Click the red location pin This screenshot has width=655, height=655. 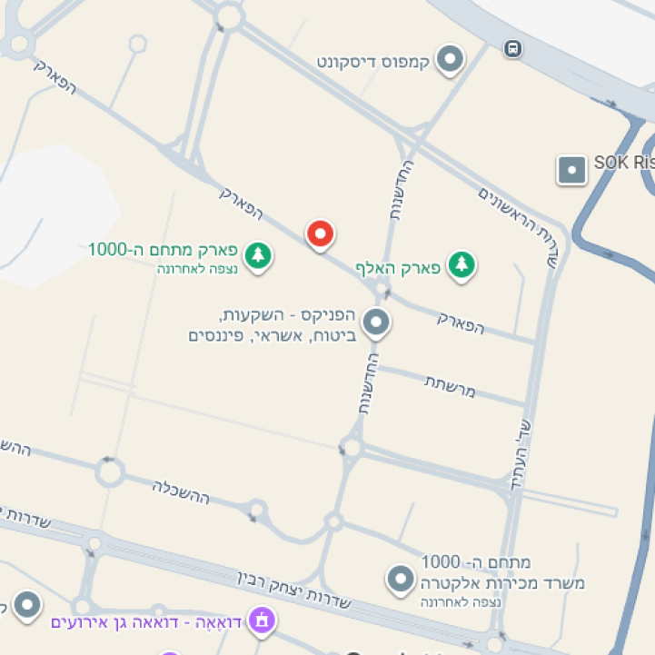click(x=320, y=234)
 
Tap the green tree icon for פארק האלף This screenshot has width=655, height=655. click(x=463, y=264)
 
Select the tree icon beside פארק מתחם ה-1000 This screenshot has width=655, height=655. click(x=259, y=254)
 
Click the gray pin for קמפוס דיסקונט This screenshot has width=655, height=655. click(x=450, y=61)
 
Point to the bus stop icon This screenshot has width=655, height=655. click(x=513, y=48)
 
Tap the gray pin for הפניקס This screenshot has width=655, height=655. click(x=375, y=322)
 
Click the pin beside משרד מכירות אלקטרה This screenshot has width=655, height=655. click(x=400, y=579)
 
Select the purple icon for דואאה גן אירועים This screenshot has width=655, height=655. click(x=263, y=622)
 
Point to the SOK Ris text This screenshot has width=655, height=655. click(x=624, y=163)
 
